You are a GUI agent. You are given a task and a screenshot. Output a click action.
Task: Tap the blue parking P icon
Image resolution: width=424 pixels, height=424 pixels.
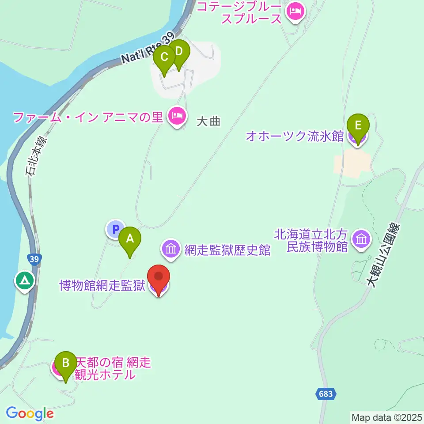click(115, 229)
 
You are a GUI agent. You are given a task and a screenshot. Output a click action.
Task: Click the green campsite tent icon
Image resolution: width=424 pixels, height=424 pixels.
click(24, 280)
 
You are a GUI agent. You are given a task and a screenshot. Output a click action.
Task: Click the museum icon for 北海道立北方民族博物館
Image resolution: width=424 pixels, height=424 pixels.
click(362, 240)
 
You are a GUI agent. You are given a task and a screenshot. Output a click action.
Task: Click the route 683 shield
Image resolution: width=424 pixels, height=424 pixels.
click(326, 392)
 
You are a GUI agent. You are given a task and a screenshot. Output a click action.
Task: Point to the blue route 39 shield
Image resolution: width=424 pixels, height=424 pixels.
click(35, 259)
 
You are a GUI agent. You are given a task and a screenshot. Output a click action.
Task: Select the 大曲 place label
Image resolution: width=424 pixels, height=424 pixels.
click(208, 121)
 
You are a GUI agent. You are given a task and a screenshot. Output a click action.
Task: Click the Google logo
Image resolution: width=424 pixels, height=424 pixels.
click(30, 413)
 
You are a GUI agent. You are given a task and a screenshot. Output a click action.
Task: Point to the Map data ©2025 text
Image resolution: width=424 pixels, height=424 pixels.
click(387, 416)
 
